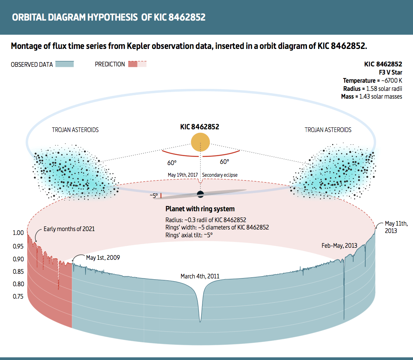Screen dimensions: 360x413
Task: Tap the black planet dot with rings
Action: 200,194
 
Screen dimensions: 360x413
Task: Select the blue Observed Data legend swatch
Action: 64,64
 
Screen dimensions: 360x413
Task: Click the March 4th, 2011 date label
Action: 200,277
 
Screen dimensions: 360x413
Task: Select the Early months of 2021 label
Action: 69,229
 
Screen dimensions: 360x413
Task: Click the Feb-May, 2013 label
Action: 339,245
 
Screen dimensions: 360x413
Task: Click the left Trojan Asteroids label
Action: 75,130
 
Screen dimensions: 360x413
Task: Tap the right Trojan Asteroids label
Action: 328,130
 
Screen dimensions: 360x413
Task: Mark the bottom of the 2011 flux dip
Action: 200,321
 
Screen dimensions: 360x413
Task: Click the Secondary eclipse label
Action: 220,175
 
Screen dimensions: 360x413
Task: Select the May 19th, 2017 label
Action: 183,175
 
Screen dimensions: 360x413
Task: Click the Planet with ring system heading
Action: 200,209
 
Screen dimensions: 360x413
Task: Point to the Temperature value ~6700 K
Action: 390,80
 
